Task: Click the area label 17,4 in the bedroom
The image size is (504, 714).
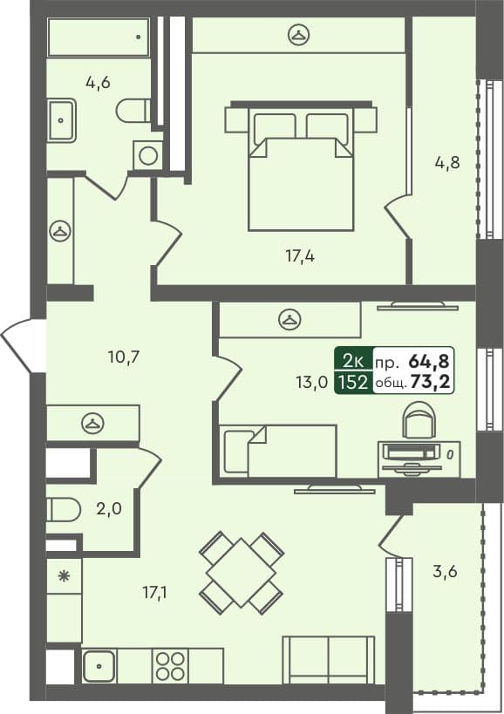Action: coord(299,256)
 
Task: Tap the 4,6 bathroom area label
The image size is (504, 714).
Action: coord(98,83)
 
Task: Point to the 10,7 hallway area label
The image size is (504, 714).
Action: coord(125,356)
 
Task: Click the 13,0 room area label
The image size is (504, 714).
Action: coord(312,381)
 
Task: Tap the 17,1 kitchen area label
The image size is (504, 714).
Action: coord(156,594)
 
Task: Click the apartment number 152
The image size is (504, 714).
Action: coord(353,382)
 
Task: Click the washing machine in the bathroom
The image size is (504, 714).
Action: coord(148,156)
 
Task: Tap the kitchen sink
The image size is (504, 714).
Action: coord(99,666)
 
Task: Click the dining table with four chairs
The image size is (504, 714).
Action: coord(241,572)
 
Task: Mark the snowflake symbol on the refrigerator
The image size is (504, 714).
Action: coord(63,575)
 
